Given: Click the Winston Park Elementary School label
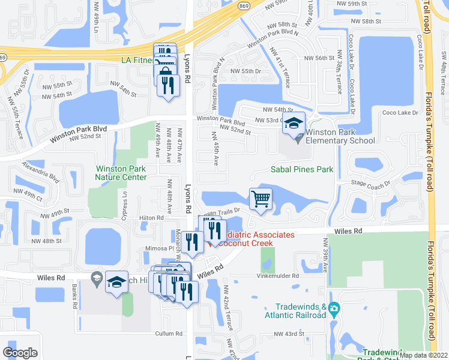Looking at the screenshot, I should (x=340, y=136).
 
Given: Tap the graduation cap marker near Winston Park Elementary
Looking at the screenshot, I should (x=294, y=124).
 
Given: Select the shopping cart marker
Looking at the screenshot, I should (x=261, y=199).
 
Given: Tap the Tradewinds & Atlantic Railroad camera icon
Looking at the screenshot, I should (x=335, y=310).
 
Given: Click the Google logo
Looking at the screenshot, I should (x=20, y=353).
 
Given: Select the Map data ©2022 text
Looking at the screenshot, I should (x=424, y=355).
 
